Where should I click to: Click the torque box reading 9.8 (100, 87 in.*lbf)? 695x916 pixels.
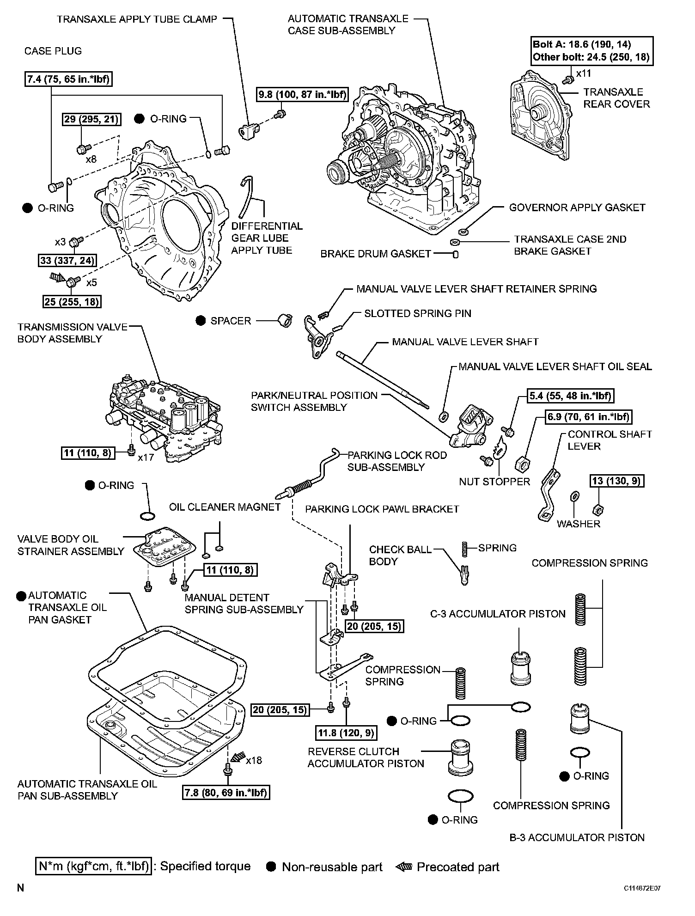coord(302,94)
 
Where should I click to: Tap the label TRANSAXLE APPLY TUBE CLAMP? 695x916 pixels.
coord(137,19)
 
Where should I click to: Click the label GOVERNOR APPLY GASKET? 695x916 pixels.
coord(577,208)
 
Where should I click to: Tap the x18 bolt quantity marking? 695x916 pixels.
coord(254,760)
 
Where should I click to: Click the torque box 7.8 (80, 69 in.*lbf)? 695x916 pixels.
coord(226,793)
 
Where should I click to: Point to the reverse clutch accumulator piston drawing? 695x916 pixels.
coord(461,757)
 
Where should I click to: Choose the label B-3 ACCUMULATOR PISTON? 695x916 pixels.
coord(577,837)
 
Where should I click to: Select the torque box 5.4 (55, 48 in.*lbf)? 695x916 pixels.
coord(571,396)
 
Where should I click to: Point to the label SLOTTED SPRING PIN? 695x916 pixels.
coord(418,313)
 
